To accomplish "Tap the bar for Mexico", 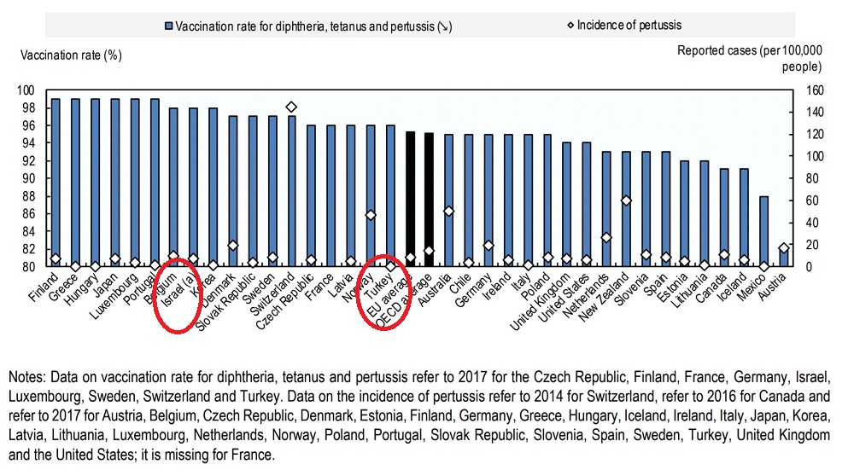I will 763,230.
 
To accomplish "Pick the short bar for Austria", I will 784,258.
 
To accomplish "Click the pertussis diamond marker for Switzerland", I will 291,107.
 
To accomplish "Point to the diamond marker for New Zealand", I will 626,200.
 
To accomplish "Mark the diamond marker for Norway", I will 371,215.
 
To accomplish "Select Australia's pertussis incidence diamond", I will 449,211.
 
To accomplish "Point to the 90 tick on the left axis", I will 29,178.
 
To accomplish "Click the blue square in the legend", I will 169,26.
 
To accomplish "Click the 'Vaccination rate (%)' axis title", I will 72,55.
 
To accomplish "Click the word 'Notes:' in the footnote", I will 30,376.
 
